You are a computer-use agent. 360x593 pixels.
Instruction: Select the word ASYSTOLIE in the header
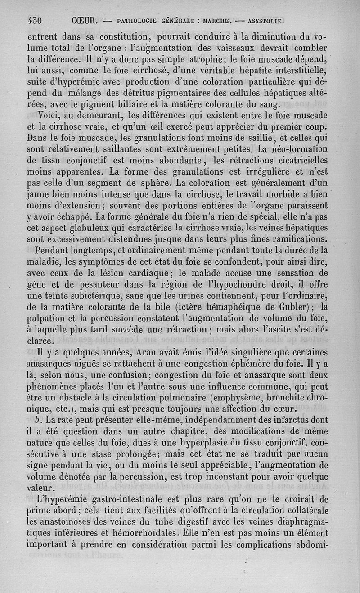tap(263, 21)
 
